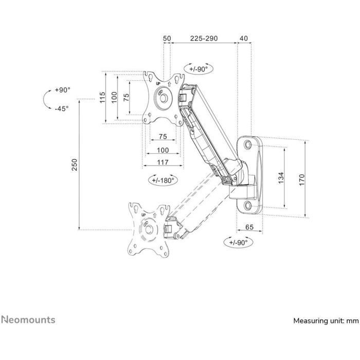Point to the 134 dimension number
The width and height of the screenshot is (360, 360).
pos(281,178)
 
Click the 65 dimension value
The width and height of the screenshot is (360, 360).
pos(249,227)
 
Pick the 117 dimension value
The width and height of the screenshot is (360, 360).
pos(163,163)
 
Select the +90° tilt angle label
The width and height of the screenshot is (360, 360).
pos(63,89)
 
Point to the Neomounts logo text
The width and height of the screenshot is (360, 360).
pos(29,319)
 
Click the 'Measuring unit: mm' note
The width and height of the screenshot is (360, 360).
pos(325,320)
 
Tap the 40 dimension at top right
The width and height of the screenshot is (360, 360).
pos(243,38)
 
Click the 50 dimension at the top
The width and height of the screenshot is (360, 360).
pos(167,38)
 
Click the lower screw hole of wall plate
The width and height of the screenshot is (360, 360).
pos(249,206)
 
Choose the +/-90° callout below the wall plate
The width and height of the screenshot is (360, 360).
pos(239,242)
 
